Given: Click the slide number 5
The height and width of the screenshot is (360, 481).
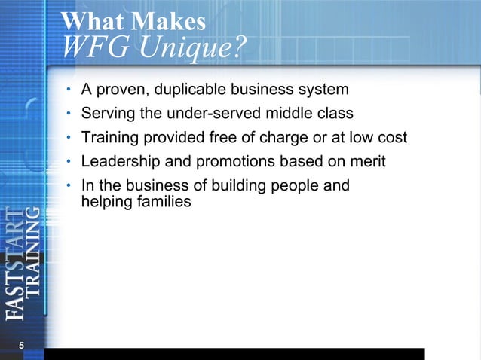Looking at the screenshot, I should (21, 345).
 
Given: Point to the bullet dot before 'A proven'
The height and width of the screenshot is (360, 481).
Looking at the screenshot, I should (68, 90).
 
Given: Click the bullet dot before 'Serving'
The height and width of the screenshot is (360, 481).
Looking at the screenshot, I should (68, 114).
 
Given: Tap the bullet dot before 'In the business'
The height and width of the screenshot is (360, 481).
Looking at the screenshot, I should (68, 185).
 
